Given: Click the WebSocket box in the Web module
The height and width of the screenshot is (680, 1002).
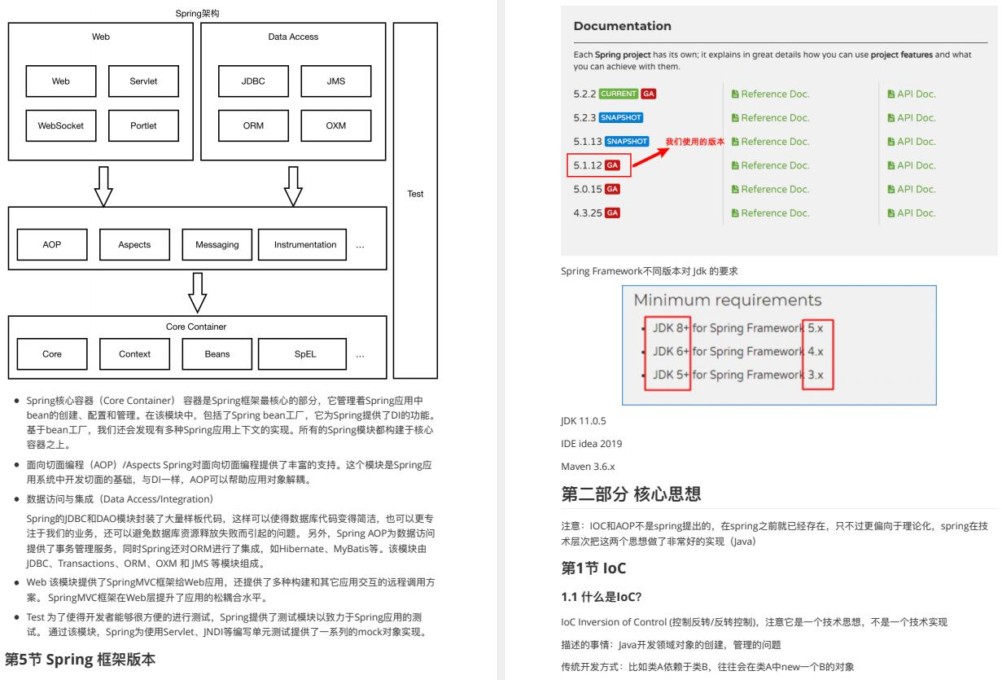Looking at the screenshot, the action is coord(61,126).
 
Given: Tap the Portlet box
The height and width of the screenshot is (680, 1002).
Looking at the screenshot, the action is coord(143,126).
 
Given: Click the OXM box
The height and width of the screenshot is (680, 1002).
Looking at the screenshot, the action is coord(335,126).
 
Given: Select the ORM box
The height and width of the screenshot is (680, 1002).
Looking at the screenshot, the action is coord(253,126).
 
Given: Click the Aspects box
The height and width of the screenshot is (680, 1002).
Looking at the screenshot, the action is coord(134,244).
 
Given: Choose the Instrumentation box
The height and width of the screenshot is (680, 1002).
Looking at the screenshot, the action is coord(305,244).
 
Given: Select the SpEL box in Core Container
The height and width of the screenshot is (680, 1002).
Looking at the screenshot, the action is coord(305,354).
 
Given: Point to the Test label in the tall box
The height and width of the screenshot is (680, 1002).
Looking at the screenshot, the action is coord(415,195).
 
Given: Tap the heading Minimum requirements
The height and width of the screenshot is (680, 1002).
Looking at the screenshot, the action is coord(727,301).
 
